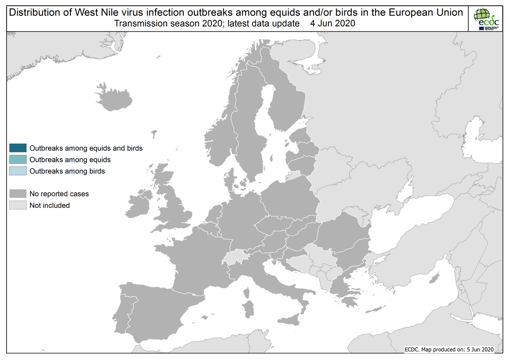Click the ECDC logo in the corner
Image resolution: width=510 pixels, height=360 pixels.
click(x=486, y=19)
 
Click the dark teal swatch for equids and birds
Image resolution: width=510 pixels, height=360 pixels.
click(x=18, y=148)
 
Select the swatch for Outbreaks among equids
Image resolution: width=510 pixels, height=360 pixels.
click(x=18, y=160)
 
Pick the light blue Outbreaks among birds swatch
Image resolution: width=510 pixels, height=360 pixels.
click(x=18, y=171)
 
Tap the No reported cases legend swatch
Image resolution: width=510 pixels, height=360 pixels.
click(x=18, y=194)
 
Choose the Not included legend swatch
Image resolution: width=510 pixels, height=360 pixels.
click(x=18, y=205)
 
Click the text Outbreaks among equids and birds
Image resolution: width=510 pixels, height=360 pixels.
click(x=86, y=148)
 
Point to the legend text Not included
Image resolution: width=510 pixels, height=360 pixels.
click(x=49, y=205)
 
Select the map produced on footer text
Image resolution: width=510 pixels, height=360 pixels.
click(x=449, y=349)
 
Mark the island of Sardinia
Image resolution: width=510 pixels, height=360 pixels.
click(x=249, y=308)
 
